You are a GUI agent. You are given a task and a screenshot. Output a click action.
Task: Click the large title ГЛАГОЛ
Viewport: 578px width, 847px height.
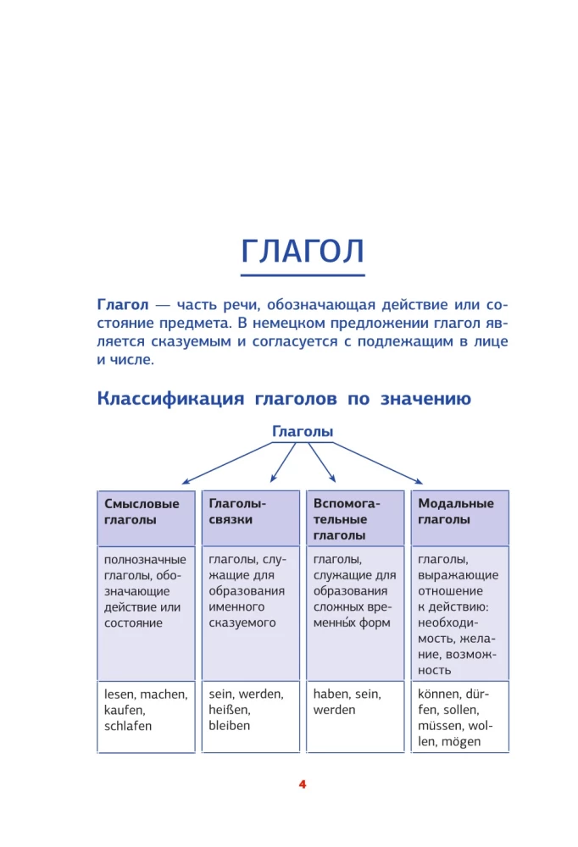303,252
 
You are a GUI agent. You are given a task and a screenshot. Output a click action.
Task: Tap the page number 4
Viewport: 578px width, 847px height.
303,784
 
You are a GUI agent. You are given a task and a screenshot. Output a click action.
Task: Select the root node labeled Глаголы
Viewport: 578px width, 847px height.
303,432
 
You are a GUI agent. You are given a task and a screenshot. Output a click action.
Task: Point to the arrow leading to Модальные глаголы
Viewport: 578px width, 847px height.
377,462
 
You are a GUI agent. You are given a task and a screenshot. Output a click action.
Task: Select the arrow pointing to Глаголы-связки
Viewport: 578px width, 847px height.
281,462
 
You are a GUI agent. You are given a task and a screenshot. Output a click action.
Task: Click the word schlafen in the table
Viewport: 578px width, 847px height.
128,726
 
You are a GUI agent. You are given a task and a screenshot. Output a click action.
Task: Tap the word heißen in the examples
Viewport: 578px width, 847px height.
229,710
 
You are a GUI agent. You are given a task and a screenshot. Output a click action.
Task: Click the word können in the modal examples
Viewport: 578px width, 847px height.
437,694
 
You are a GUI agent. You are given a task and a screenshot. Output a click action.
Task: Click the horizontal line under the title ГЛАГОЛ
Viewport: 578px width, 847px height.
303,274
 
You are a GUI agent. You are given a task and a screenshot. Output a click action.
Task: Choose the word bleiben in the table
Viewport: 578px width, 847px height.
229,726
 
